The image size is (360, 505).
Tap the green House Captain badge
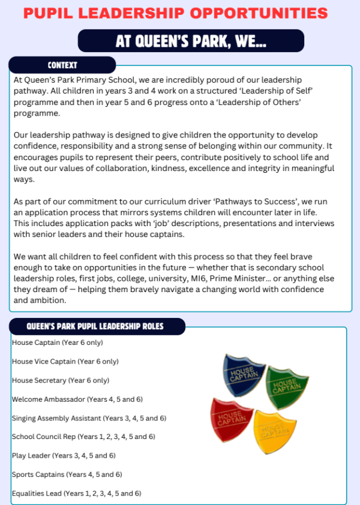point(287,385)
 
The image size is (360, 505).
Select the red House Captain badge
point(232,417)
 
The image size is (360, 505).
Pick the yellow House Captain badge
point(275,430)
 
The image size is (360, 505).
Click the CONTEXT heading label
point(62,65)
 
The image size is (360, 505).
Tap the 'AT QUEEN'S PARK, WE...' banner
point(191,41)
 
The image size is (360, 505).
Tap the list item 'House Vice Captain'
point(65,361)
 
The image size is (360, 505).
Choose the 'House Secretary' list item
point(61,380)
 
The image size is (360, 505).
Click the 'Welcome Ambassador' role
point(77,399)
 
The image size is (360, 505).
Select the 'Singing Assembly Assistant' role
point(89,418)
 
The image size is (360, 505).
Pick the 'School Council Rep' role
point(83,437)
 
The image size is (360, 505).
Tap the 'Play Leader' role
point(64,455)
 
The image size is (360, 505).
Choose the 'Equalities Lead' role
point(76,494)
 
